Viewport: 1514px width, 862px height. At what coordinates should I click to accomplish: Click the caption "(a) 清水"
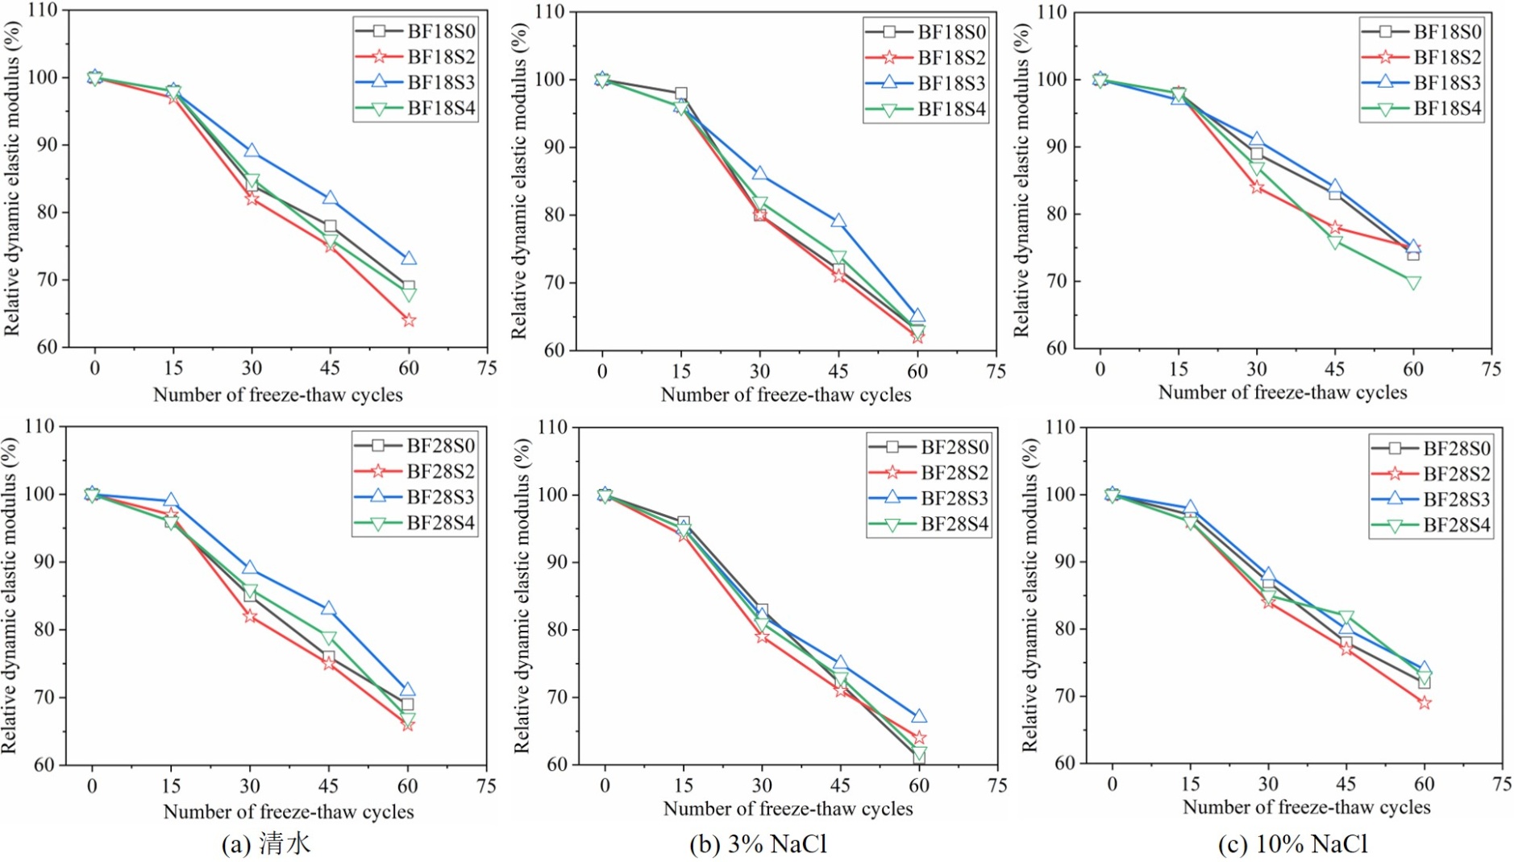[265, 843]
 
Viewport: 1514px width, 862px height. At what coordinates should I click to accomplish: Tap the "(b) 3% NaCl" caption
[758, 843]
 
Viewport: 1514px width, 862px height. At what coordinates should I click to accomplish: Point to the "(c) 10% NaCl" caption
[1292, 843]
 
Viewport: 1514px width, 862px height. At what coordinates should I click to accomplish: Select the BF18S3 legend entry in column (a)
[415, 82]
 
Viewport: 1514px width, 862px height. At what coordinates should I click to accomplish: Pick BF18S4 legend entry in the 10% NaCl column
[1422, 109]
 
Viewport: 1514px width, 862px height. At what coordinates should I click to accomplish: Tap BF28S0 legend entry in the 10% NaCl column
[1431, 448]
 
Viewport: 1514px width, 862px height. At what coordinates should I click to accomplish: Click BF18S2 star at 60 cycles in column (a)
[409, 321]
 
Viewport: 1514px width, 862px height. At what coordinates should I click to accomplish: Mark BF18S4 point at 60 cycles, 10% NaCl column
[1413, 283]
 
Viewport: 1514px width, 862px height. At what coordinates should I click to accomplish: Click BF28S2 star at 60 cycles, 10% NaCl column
[1425, 703]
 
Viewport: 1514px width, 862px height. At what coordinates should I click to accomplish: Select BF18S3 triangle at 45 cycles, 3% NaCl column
[838, 221]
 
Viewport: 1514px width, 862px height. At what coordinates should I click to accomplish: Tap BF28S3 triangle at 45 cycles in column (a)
[328, 608]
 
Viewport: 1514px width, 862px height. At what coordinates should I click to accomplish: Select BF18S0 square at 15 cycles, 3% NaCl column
[681, 93]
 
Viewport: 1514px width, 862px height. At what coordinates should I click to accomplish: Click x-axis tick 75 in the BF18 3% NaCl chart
[996, 371]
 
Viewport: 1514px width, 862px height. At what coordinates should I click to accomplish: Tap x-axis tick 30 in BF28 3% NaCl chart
[762, 785]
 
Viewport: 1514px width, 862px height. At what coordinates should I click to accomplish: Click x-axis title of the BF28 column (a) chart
[289, 811]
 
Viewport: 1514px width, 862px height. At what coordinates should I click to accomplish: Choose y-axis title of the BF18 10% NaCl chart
[1021, 180]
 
